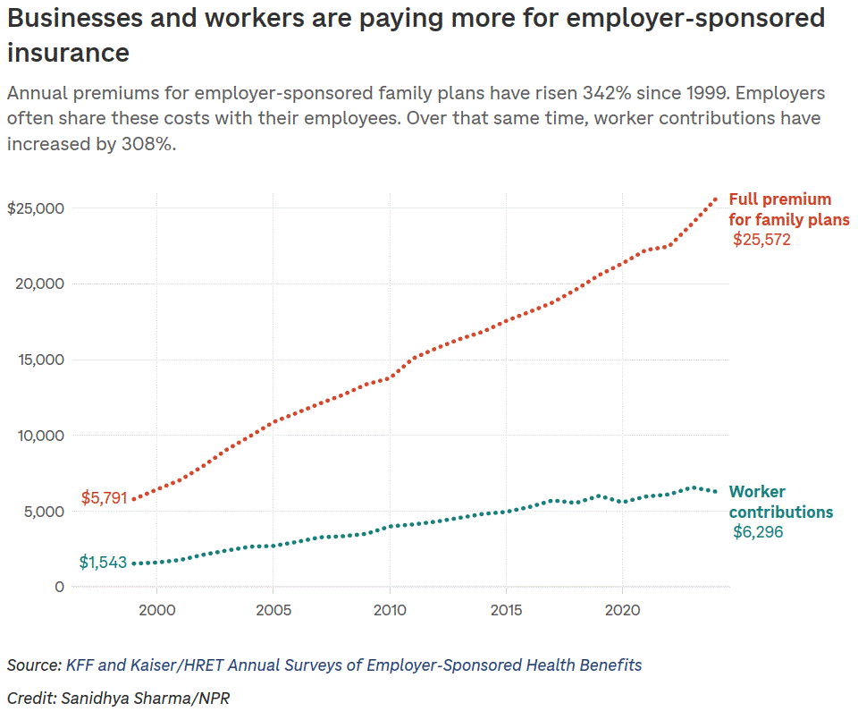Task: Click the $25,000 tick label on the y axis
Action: pyautogui.click(x=36, y=208)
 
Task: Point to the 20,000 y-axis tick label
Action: pyautogui.click(x=39, y=284)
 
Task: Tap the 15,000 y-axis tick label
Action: pyautogui.click(x=39, y=360)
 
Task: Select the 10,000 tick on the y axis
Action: pyautogui.click(x=39, y=436)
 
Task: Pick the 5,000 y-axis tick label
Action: pyautogui.click(x=43, y=512)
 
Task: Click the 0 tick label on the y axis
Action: pyautogui.click(x=59, y=587)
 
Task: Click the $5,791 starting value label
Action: pyautogui.click(x=105, y=497)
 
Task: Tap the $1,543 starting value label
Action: pyautogui.click(x=103, y=563)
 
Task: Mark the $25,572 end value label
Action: pyautogui.click(x=761, y=240)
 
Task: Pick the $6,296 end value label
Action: pyautogui.click(x=758, y=533)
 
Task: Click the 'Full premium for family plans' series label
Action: pyautogui.click(x=788, y=209)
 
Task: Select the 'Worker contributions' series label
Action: pyautogui.click(x=780, y=502)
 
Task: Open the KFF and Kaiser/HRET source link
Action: pyautogui.click(x=353, y=665)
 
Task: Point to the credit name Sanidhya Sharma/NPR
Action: pyautogui.click(x=145, y=698)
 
